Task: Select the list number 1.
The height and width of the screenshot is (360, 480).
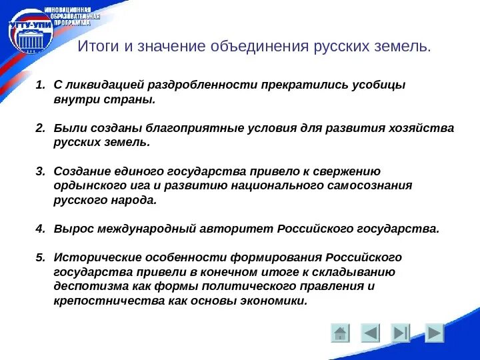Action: [39, 85]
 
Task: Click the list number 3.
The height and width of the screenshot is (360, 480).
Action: [39, 171]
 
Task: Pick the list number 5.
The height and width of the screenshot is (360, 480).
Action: [39, 257]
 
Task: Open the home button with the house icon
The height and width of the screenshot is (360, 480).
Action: [340, 333]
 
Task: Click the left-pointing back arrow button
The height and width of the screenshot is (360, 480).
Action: [371, 333]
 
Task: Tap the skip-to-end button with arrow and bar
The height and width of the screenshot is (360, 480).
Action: [401, 333]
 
